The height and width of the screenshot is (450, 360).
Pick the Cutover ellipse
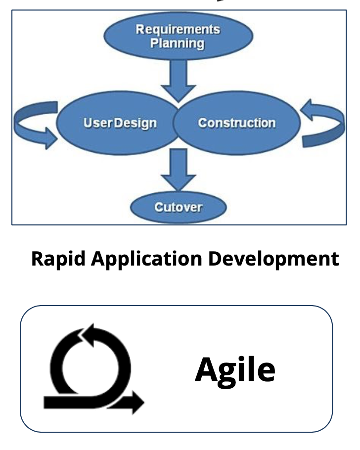(179, 207)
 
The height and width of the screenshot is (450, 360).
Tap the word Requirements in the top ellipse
(178, 29)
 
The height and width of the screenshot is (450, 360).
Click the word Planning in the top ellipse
(178, 44)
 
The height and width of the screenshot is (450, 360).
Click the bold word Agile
(234, 369)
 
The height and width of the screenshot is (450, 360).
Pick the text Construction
(237, 123)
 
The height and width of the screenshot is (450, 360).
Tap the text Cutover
(179, 207)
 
